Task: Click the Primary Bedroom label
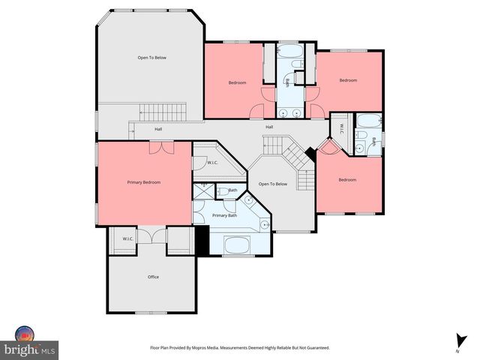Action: point(142,182)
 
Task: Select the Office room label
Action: point(153,277)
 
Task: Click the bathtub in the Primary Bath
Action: point(239,244)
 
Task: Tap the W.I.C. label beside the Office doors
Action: point(128,239)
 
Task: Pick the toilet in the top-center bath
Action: point(299,77)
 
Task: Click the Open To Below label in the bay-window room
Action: point(151,58)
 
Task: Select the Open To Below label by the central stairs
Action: point(273,184)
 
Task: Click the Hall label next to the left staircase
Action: point(158,129)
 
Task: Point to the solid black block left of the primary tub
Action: point(201,241)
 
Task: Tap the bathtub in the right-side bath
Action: point(367,121)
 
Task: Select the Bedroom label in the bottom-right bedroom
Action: point(346,180)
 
